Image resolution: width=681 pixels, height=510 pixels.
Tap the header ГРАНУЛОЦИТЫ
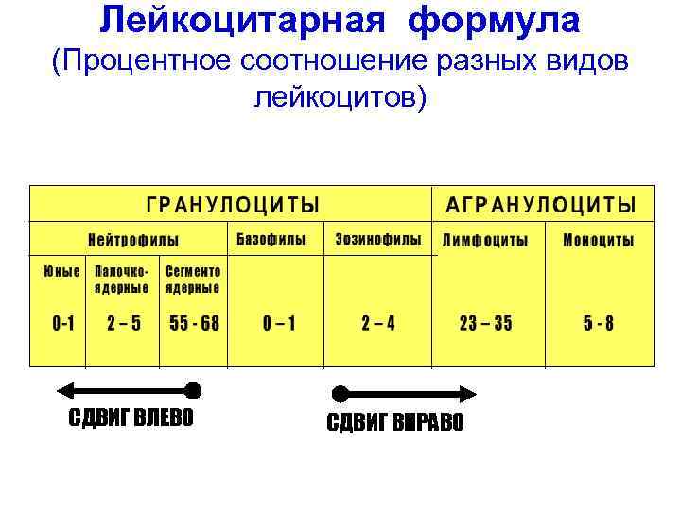[x=232, y=205]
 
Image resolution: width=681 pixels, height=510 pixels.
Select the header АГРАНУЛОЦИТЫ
[x=541, y=205]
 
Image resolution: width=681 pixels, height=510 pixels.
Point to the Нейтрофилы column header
[x=133, y=240]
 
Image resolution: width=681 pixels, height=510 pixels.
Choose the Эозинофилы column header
[x=378, y=239]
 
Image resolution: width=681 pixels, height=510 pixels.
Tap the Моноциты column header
[x=598, y=240]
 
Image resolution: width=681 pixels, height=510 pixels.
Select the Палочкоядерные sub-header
[x=121, y=279]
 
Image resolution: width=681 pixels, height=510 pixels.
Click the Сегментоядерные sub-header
[x=193, y=279]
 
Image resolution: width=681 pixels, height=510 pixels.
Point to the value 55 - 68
[x=194, y=323]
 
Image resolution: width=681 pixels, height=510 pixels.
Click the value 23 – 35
[x=485, y=323]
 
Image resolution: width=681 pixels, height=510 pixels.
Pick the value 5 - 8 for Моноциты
[x=598, y=323]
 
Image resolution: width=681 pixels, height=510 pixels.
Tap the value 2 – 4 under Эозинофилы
[x=378, y=323]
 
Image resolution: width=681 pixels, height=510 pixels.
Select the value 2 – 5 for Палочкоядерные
[x=124, y=323]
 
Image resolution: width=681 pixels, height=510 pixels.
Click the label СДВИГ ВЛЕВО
[x=131, y=417]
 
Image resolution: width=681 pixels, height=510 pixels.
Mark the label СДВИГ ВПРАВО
[x=395, y=421]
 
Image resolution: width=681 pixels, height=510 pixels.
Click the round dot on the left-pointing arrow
[x=193, y=389]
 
